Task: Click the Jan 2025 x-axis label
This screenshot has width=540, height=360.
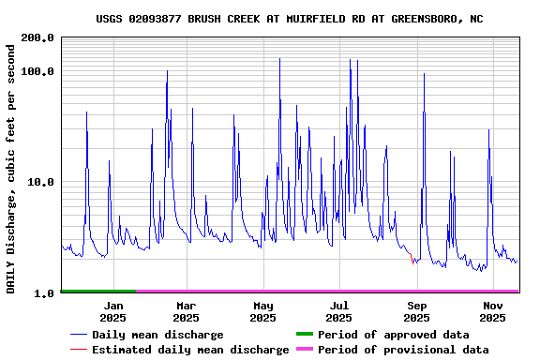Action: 113,311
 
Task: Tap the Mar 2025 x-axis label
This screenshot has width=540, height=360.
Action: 187,311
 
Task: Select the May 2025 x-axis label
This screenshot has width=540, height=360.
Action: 263,311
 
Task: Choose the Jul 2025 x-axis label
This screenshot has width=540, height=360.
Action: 339,311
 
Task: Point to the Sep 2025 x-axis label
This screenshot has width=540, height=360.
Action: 417,311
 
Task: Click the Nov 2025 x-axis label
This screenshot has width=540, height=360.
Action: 493,311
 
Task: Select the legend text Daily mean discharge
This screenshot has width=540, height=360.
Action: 157,335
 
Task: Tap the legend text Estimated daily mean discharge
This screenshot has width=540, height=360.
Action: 190,350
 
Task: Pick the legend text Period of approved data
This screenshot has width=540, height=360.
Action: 394,335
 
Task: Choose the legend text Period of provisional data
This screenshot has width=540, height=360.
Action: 403,350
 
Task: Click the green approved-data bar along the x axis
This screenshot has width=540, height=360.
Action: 98,292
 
